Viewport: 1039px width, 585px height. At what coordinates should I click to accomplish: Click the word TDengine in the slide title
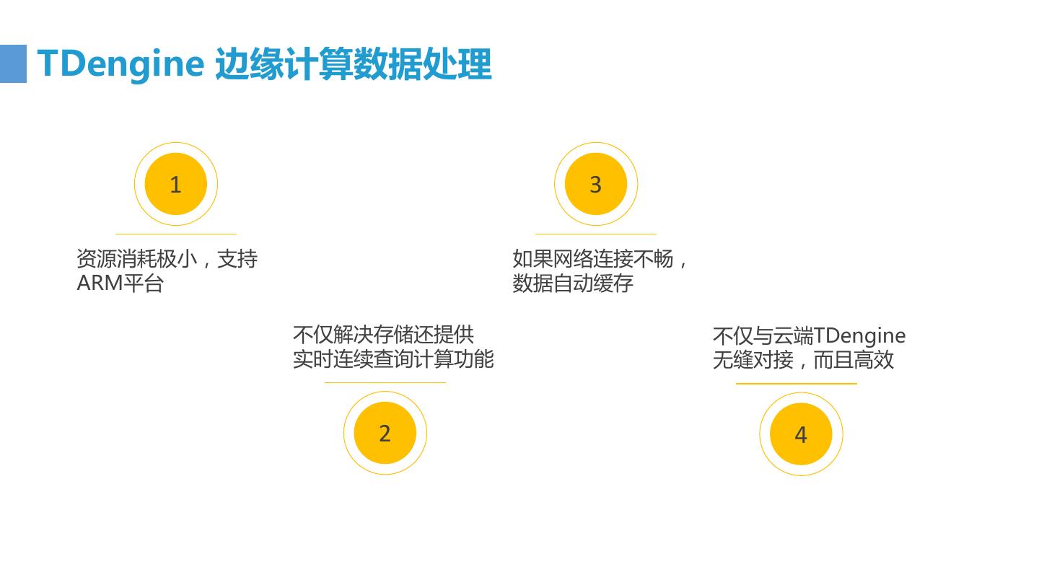(120, 63)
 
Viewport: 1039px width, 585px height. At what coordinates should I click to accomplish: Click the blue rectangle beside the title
(13, 63)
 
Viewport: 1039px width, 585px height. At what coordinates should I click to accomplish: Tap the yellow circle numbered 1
(175, 184)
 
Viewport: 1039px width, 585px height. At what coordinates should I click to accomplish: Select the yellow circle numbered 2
(385, 433)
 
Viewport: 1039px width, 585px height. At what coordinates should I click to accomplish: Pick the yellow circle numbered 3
(595, 184)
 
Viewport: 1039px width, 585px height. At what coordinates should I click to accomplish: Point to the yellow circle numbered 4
(800, 434)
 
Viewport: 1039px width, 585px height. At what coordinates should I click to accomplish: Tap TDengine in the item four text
(859, 335)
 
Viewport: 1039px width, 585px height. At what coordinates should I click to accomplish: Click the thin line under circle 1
(175, 234)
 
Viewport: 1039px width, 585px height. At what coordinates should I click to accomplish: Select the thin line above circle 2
(385, 382)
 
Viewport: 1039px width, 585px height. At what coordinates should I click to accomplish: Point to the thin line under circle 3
(595, 234)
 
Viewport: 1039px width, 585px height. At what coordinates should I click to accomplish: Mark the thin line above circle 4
(796, 384)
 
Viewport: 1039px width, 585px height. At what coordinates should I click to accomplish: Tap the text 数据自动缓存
(573, 283)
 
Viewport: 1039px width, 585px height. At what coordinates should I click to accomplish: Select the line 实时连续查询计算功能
(393, 359)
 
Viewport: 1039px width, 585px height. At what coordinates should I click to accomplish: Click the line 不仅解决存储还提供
(383, 335)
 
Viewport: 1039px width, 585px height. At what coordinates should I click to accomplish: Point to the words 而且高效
(854, 360)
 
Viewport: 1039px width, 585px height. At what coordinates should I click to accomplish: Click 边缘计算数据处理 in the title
(354, 63)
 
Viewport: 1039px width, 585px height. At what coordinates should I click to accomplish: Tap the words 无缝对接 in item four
(753, 360)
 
